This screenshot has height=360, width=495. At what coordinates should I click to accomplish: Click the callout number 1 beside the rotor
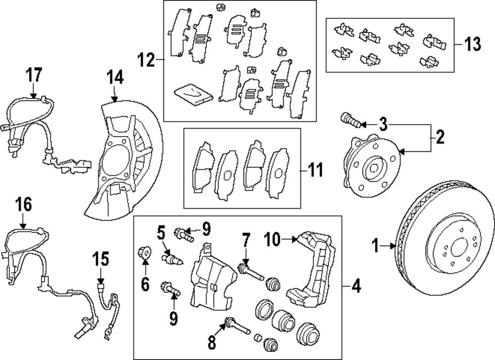[x=376, y=244]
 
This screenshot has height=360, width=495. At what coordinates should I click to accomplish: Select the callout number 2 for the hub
[x=439, y=137]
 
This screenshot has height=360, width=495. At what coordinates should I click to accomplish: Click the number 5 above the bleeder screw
[x=161, y=231]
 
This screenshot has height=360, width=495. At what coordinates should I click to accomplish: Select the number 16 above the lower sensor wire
[x=23, y=204]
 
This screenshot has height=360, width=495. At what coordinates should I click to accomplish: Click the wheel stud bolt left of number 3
[x=348, y=119]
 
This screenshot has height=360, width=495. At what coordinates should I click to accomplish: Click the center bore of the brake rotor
[x=458, y=246]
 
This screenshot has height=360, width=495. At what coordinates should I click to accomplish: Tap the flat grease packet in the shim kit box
[x=194, y=93]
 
